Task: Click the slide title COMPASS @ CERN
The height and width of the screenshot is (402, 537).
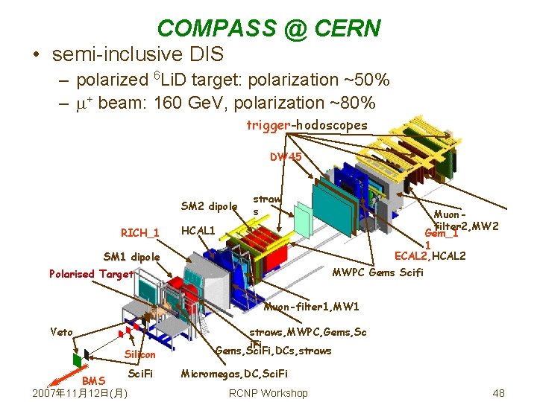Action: [268, 28]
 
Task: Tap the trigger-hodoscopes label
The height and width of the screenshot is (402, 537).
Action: [307, 125]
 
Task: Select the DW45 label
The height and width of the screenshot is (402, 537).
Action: [286, 157]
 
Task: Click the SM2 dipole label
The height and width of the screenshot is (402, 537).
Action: [209, 206]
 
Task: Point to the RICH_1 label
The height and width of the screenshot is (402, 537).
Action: [140, 233]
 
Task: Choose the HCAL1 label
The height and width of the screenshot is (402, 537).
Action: [198, 231]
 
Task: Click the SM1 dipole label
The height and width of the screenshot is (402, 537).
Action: [131, 257]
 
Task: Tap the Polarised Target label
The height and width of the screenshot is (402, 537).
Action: [91, 274]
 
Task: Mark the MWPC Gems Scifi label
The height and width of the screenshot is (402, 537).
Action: [377, 272]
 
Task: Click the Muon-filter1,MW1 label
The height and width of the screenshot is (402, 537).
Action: [312, 307]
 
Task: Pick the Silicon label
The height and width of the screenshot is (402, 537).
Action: [140, 354]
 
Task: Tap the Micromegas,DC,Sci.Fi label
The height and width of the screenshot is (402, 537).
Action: [234, 373]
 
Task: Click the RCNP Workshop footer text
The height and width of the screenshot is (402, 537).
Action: [268, 393]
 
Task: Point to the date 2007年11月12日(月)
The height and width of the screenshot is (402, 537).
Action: [78, 393]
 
